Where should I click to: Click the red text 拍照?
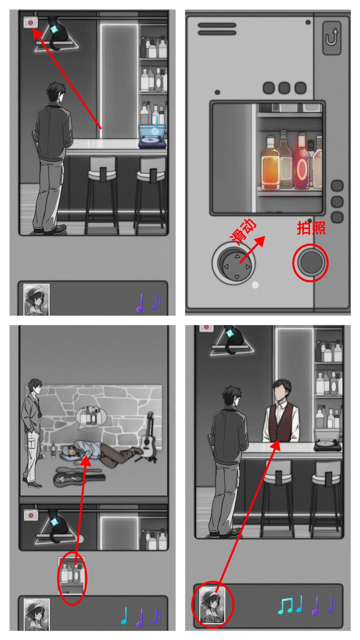(311, 228)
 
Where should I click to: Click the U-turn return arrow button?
(332, 38)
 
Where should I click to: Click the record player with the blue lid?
(153, 136)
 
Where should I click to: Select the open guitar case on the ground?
(79, 478)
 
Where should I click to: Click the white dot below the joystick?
(255, 285)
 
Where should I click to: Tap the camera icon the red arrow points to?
(31, 23)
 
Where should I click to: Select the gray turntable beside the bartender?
(328, 440)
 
